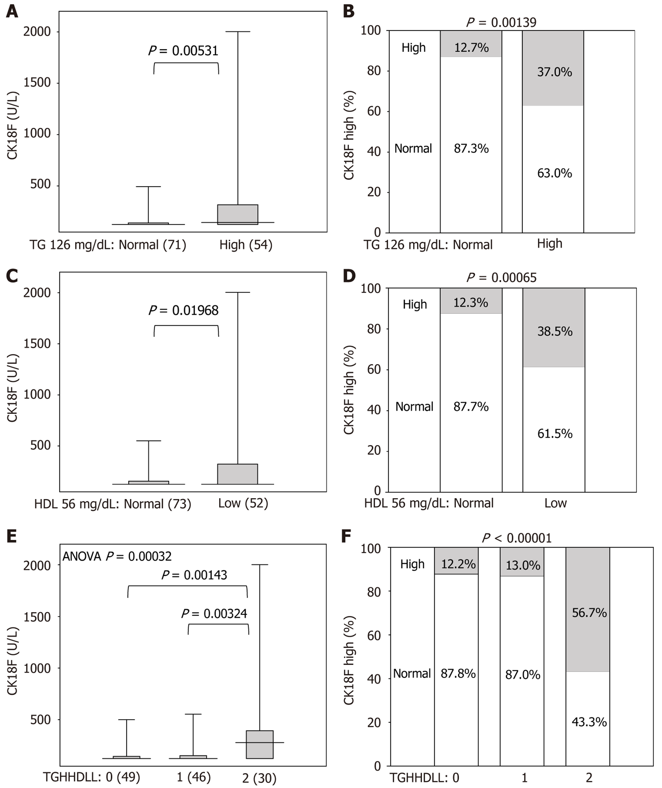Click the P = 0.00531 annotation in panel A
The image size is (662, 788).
point(184,51)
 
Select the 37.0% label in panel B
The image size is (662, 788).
point(554,72)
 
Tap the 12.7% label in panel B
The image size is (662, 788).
point(471,48)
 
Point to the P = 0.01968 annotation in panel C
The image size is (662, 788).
point(184,310)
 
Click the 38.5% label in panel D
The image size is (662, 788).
point(555,331)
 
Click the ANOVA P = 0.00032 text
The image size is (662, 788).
point(117,556)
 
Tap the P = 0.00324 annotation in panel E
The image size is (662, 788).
point(214,614)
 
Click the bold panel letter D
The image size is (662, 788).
point(349,276)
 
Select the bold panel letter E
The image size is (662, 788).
point(12,536)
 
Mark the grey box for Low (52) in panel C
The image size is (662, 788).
point(238,474)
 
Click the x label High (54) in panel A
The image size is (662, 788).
point(246,245)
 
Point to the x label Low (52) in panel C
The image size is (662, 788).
point(243,503)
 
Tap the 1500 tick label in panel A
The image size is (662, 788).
point(37,82)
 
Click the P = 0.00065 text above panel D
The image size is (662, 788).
point(501,277)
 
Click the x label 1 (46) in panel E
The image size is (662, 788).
point(194,776)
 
